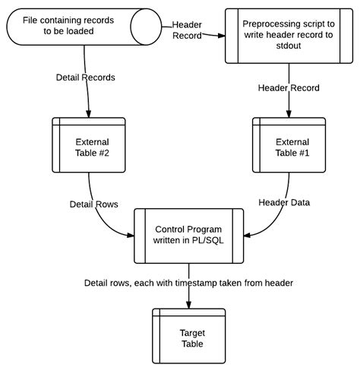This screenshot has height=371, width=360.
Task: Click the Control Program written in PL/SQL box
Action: [189, 234]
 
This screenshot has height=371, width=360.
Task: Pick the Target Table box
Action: [189, 338]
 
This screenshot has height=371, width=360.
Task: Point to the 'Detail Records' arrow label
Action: [86, 78]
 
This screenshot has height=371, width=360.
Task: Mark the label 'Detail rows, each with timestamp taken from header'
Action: [188, 283]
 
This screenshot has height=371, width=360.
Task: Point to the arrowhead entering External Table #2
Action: [88, 113]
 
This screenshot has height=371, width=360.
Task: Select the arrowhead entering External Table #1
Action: [288, 113]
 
